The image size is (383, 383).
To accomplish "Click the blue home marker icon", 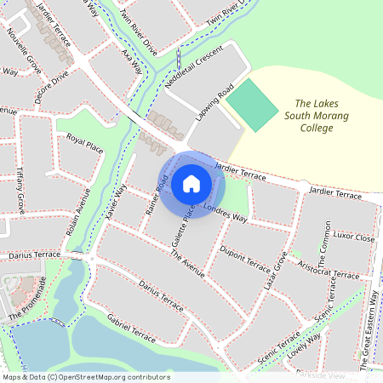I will coord(191,184).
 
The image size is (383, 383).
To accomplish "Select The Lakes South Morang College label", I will coord(310,115).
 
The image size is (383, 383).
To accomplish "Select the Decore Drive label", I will coord(52,89).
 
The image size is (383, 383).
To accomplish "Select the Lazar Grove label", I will coord(275,270).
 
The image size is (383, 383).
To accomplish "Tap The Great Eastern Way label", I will coord(372,329).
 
